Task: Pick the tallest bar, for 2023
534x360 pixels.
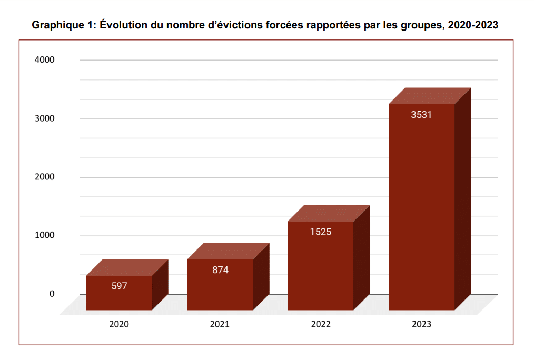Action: coord(421,211)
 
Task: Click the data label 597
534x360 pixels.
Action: coord(120,286)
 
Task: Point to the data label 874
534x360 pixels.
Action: coord(220,270)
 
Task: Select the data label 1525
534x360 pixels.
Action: coord(321,232)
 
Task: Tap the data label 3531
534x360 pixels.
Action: coord(421,114)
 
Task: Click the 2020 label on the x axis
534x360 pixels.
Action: coord(119,324)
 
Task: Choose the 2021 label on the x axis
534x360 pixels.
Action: coord(220,324)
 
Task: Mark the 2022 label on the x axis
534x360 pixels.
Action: coord(321,324)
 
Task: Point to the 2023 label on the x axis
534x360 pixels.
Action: coord(421,324)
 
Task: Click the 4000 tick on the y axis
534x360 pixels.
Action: coord(45,60)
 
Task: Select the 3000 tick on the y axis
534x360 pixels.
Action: coord(45,118)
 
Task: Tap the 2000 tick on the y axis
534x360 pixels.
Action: coord(45,177)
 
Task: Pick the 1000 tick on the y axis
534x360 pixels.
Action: coord(45,235)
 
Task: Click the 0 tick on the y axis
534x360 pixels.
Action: coord(52,294)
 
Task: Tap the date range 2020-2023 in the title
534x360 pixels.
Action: coord(473,25)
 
